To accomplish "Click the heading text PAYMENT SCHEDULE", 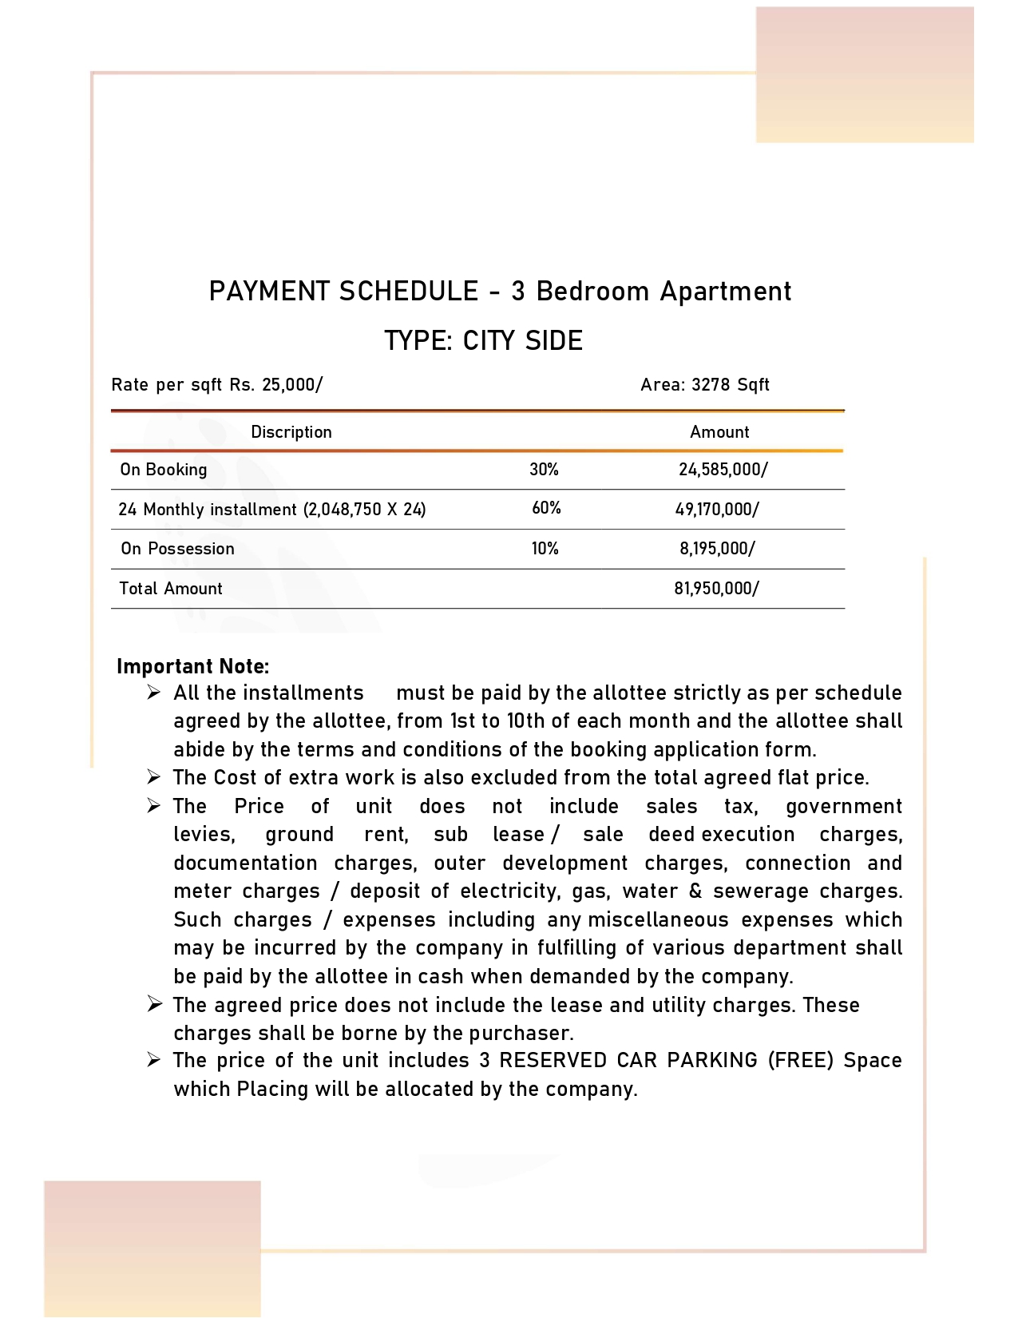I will [x=343, y=292].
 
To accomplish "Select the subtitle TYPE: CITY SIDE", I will [x=483, y=341].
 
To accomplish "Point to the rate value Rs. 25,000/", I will [x=276, y=385].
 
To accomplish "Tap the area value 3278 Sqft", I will [x=730, y=385].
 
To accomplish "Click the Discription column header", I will [x=291, y=432].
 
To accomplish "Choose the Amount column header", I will [x=719, y=432].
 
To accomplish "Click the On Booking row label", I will [x=164, y=470].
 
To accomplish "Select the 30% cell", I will [x=544, y=470].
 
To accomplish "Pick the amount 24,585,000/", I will [x=723, y=470].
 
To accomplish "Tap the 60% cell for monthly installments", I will [x=546, y=508].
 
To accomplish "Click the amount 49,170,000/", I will [x=717, y=509].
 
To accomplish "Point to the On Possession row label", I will [x=177, y=549].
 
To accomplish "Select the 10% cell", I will [x=545, y=549].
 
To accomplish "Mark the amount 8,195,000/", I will [x=717, y=549].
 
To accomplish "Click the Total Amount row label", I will [x=171, y=589].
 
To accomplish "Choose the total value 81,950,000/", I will [x=716, y=589].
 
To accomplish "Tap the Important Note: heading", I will [x=192, y=666].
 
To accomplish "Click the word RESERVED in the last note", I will [x=554, y=1060].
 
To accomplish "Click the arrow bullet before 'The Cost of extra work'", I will [x=154, y=776].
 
